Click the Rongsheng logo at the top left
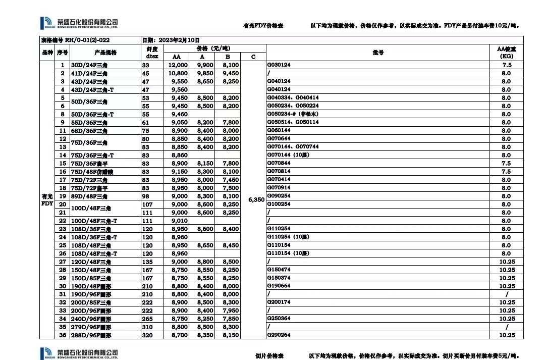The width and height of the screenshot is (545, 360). (x=79, y=23)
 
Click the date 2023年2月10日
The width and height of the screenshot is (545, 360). (x=172, y=40)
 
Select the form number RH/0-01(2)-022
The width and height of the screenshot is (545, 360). (x=75, y=40)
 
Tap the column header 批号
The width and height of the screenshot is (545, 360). (x=377, y=53)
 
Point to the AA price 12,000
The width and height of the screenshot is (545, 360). (x=178, y=65)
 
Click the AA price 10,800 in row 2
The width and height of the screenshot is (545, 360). (x=178, y=73)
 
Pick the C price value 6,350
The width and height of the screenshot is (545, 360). (x=256, y=200)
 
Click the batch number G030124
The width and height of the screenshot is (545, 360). (x=279, y=65)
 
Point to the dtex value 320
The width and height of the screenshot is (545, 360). (x=146, y=335)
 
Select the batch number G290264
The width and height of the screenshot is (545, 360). (x=279, y=335)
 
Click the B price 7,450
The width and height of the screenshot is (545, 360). (x=230, y=180)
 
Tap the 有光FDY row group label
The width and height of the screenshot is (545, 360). (x=47, y=200)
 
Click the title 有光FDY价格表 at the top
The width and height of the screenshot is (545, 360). (x=263, y=26)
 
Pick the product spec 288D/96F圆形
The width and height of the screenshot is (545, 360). (x=91, y=335)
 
